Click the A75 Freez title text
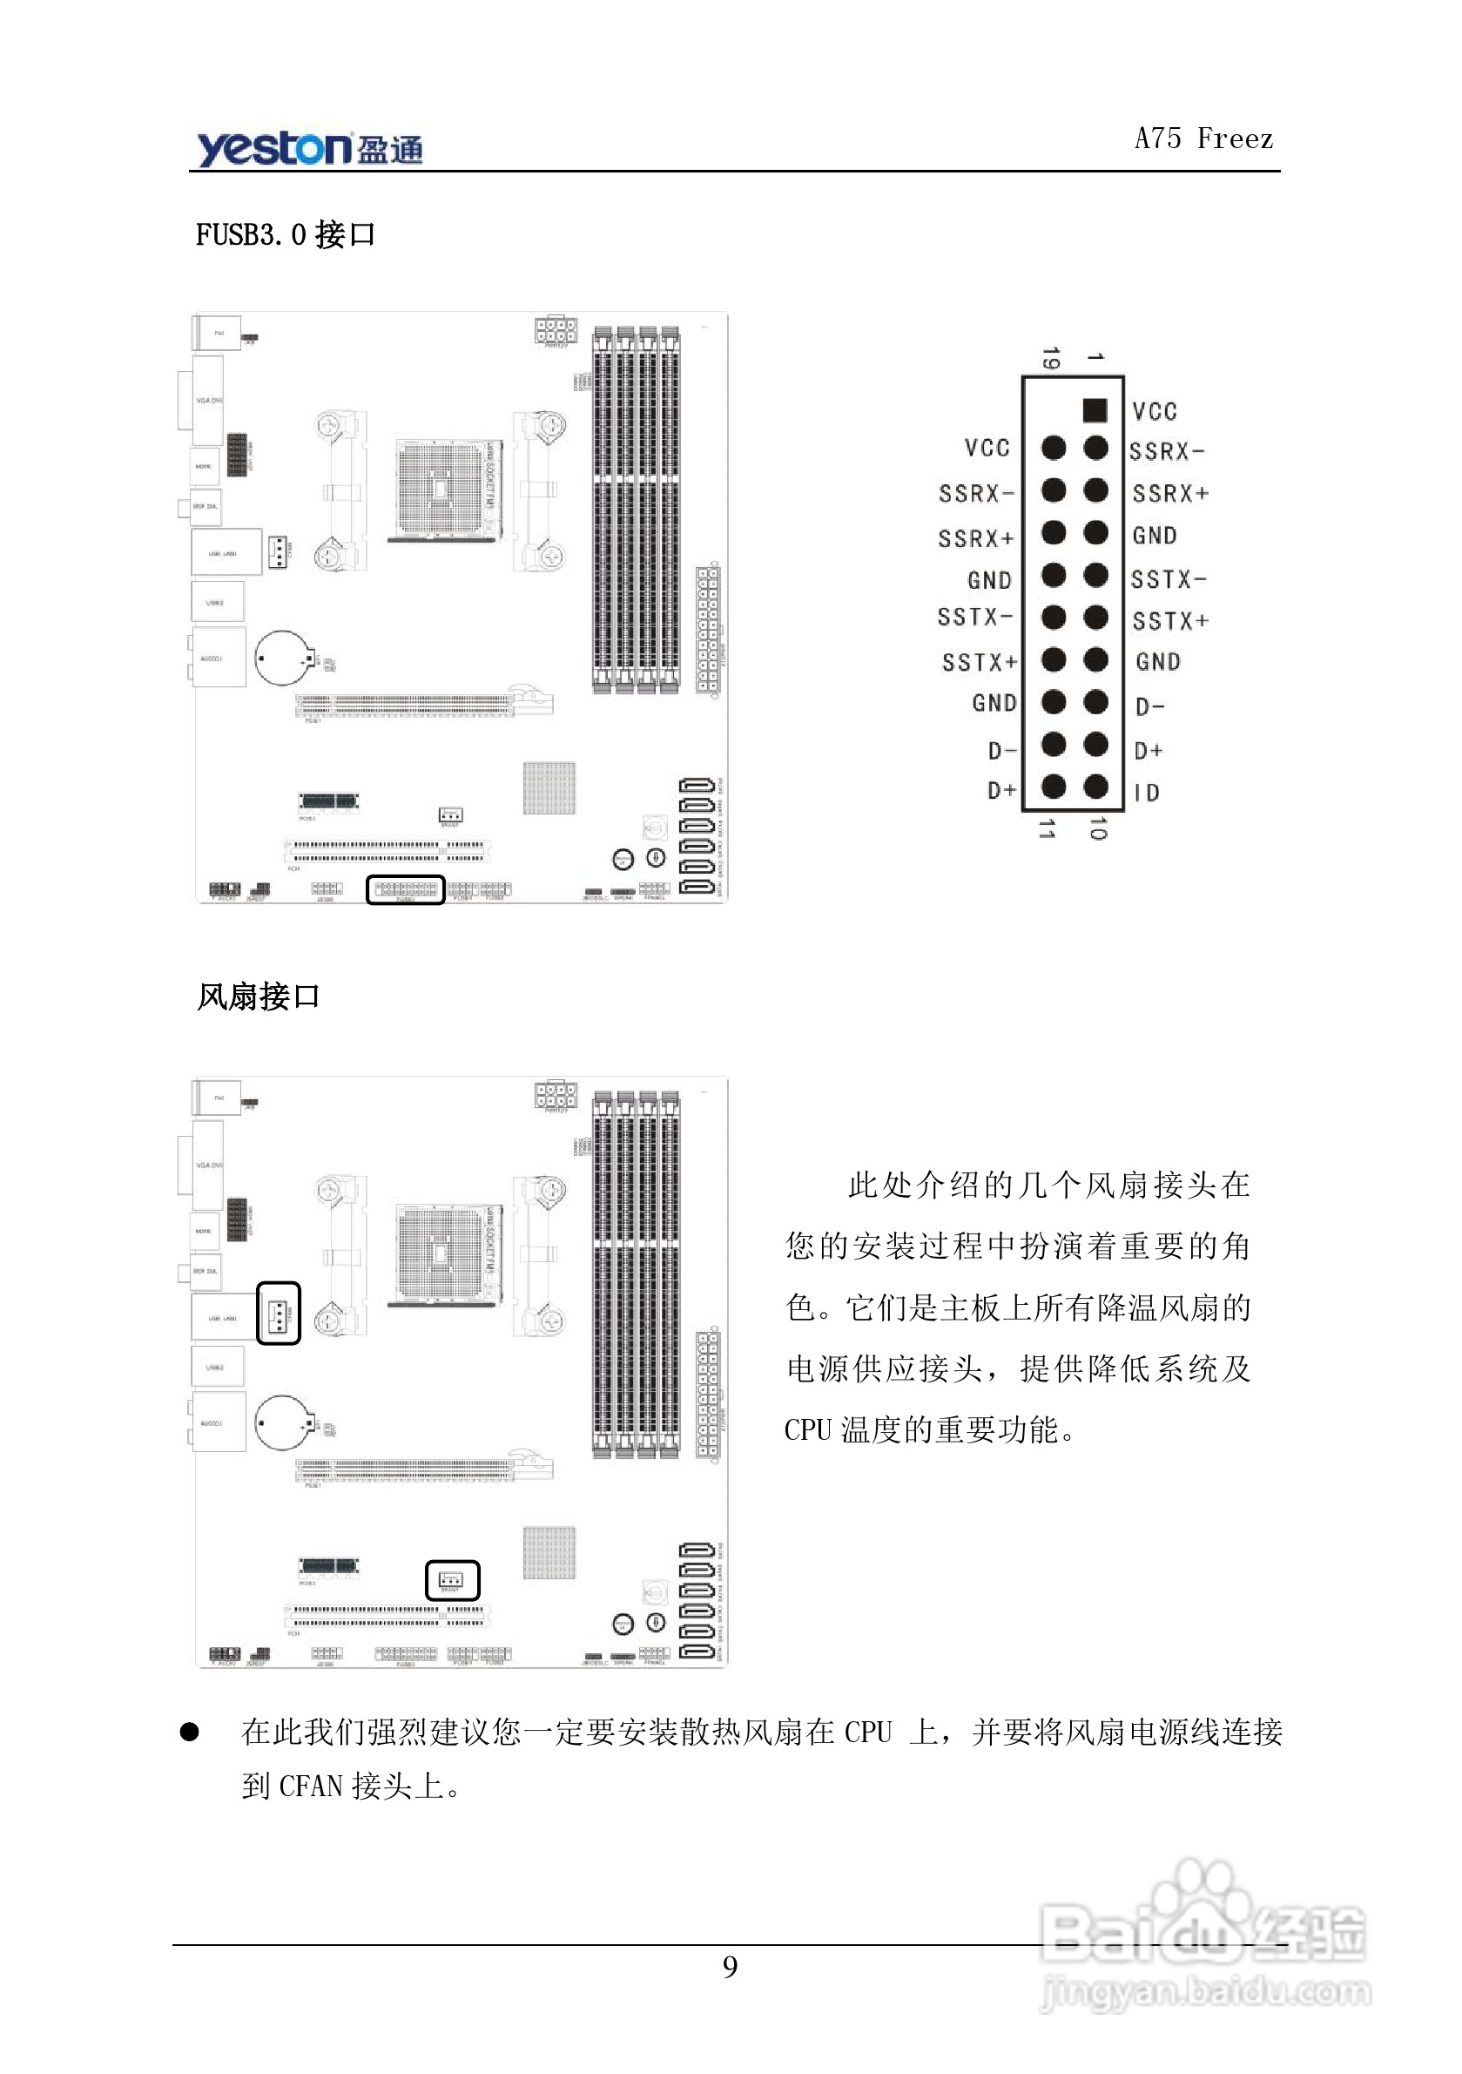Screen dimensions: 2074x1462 coord(1203,138)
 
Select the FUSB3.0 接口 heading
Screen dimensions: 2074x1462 coord(285,235)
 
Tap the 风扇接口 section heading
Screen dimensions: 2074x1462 coord(259,996)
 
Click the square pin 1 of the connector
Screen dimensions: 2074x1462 coord(1095,410)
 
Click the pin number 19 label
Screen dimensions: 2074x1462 coord(1049,358)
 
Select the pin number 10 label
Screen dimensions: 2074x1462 coord(1097,828)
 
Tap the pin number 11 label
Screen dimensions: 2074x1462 coord(1047,828)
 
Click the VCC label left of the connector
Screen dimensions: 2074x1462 coord(987,448)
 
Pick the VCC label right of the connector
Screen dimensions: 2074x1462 coord(1155,412)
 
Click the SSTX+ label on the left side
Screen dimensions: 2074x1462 coord(979,662)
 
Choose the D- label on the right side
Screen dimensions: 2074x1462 coord(1149,706)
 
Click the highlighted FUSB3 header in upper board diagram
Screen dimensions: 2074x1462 coord(406,888)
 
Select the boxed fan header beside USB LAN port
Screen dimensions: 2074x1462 coord(278,1313)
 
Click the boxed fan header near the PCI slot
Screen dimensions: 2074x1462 coord(452,1580)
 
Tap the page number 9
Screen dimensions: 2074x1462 coord(730,1967)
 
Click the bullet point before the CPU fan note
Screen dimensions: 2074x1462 coord(189,1731)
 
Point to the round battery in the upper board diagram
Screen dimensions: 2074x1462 coord(284,658)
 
